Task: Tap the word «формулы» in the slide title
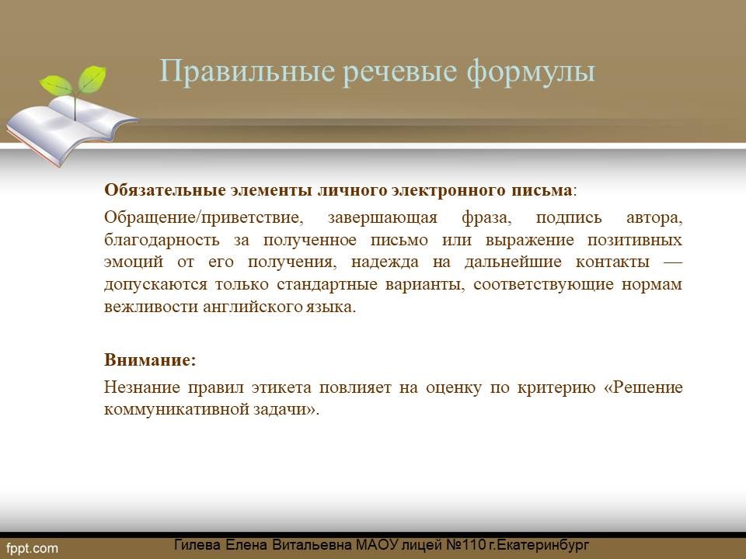coord(531,72)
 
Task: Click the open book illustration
coord(71,128)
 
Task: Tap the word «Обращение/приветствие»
coord(204,217)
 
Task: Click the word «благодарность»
coord(162,240)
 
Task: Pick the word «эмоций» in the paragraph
coord(134,262)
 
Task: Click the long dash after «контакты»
coord(672,262)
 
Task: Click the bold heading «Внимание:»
coord(150,359)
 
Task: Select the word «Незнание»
coord(142,387)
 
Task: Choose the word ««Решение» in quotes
coord(643,387)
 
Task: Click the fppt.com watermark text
coord(33,548)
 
